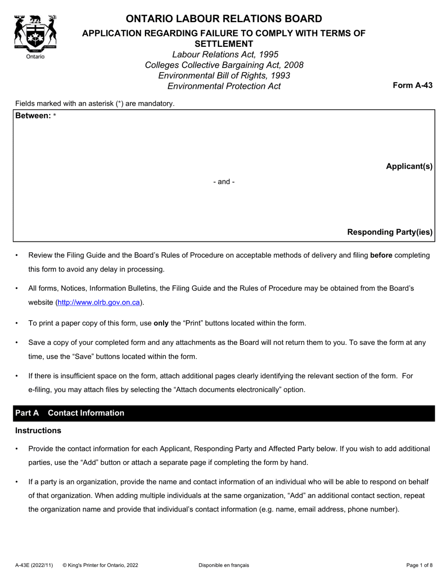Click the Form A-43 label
[413, 85]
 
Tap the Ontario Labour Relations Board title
[224, 19]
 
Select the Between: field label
[33, 116]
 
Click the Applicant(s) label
[409, 166]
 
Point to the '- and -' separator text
[224, 182]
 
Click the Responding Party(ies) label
[390, 232]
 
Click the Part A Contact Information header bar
[224, 413]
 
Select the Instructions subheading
[38, 430]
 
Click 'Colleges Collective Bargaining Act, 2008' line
[224, 65]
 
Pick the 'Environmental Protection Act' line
[224, 86]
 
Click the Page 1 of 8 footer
[419, 565]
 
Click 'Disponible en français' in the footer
[224, 565]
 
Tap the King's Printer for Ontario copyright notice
[100, 565]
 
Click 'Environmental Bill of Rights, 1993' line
[224, 76]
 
